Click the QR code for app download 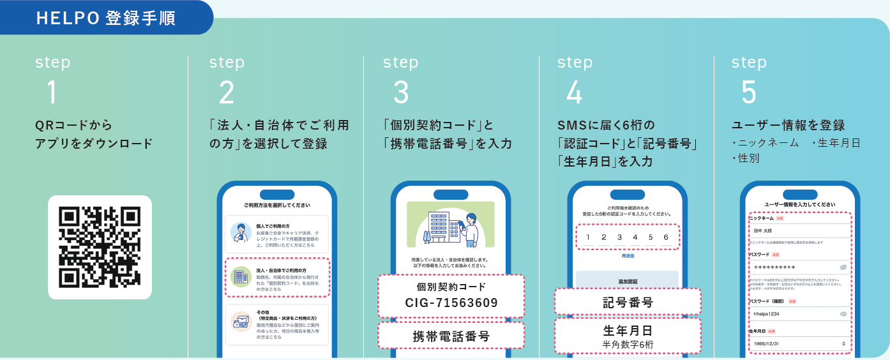click(100, 247)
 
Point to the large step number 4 click(574, 93)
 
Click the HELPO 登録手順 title click(106, 18)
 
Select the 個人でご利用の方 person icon click(241, 233)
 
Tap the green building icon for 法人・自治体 click(241, 276)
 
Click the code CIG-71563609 click(451, 303)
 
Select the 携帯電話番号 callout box click(451, 336)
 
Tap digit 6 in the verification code click(666, 237)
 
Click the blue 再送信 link click(627, 256)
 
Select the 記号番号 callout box click(628, 302)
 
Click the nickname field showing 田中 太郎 click(799, 230)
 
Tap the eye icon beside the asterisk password click(843, 267)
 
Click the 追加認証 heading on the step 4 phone click(627, 281)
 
